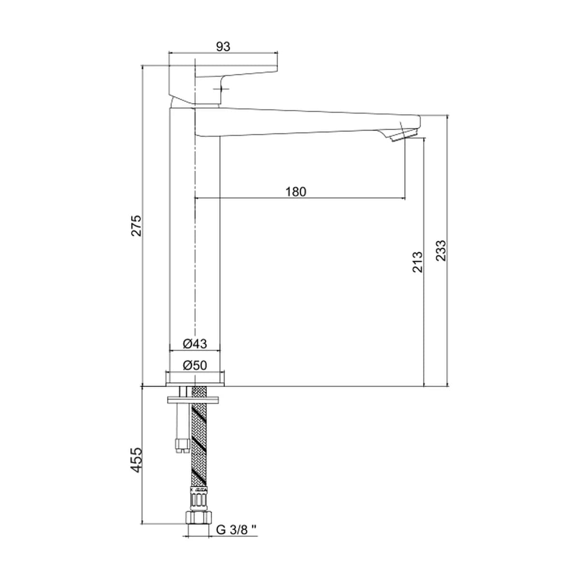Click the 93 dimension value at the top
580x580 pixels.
click(223, 47)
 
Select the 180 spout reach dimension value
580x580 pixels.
click(296, 192)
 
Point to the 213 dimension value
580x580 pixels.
click(418, 262)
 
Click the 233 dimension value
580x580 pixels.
click(441, 250)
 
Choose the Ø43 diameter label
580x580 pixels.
click(195, 344)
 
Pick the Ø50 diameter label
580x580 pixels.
click(195, 365)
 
